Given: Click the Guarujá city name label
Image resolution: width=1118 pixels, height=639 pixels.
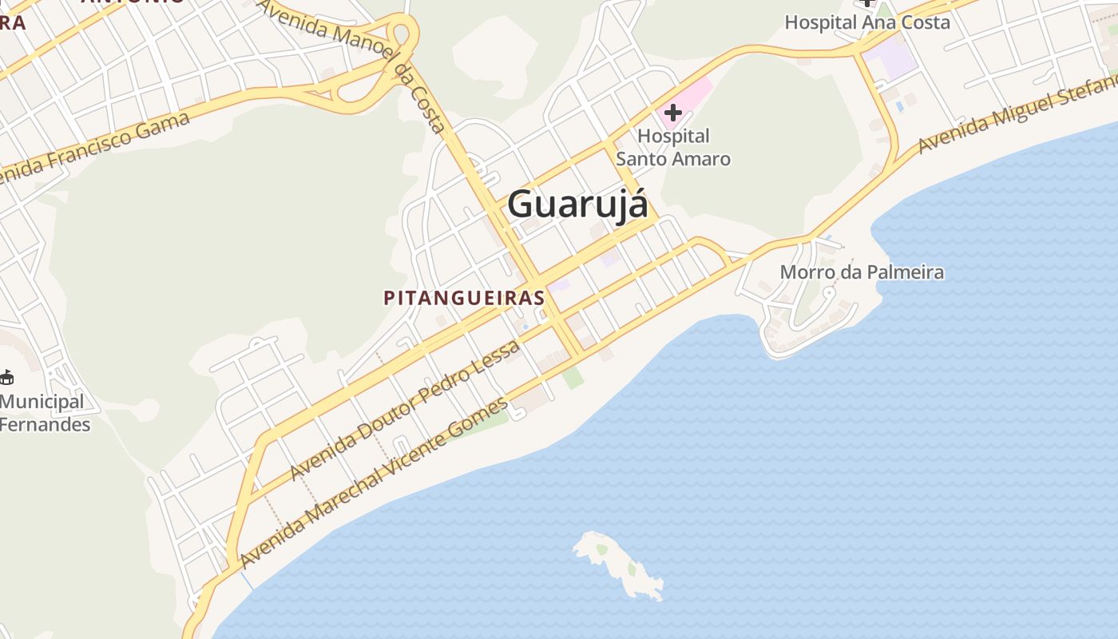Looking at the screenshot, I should [577, 204].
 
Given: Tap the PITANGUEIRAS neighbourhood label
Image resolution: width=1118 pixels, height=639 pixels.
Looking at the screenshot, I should [464, 298].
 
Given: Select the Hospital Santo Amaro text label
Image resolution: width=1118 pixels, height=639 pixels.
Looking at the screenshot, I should [673, 148].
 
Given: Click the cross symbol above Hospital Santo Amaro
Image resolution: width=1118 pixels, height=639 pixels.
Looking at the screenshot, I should [673, 113].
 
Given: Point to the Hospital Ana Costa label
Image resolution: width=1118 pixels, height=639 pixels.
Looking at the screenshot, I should [867, 22].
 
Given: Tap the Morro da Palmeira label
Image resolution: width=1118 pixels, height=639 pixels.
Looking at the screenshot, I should [862, 272].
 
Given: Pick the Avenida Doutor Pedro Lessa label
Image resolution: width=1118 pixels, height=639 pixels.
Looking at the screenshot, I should [405, 409].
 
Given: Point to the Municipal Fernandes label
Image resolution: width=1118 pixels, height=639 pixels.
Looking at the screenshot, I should [43, 413].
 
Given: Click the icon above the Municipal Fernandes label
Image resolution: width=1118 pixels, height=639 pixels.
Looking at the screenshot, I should [6, 376].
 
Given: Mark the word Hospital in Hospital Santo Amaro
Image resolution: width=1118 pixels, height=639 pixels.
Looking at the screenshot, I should [673, 137].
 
